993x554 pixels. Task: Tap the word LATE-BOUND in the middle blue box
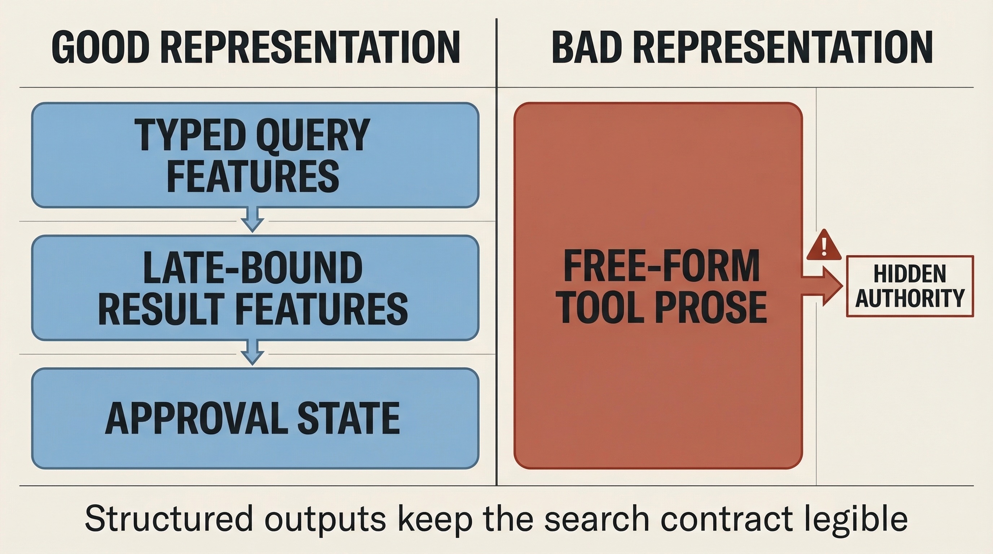(x=253, y=268)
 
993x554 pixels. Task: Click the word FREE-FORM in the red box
(x=661, y=266)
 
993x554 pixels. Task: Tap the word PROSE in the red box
(x=711, y=307)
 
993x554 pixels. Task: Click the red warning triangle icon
(x=824, y=245)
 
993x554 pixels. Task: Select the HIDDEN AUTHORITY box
(x=910, y=286)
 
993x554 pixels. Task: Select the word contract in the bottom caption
(x=726, y=519)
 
